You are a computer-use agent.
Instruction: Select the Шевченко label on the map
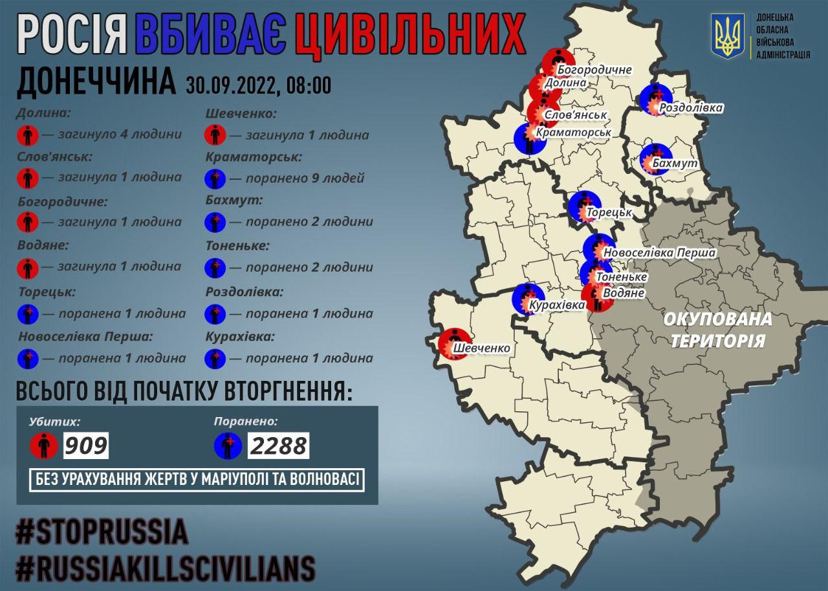pyautogui.click(x=482, y=349)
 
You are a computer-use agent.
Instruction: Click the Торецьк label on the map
pyautogui.click(x=610, y=212)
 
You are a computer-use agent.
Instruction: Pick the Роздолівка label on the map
pyautogui.click(x=692, y=108)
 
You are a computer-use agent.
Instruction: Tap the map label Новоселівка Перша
pyautogui.click(x=659, y=253)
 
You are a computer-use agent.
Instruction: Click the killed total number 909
pyautogui.click(x=85, y=445)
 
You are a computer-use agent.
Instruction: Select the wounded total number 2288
pyautogui.click(x=278, y=445)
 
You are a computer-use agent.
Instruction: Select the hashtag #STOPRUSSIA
pyautogui.click(x=102, y=532)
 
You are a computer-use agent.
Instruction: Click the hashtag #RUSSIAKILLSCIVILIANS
pyautogui.click(x=166, y=567)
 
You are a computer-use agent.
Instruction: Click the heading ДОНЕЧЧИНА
pyautogui.click(x=95, y=82)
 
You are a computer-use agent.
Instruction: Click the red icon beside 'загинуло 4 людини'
pyautogui.click(x=27, y=135)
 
